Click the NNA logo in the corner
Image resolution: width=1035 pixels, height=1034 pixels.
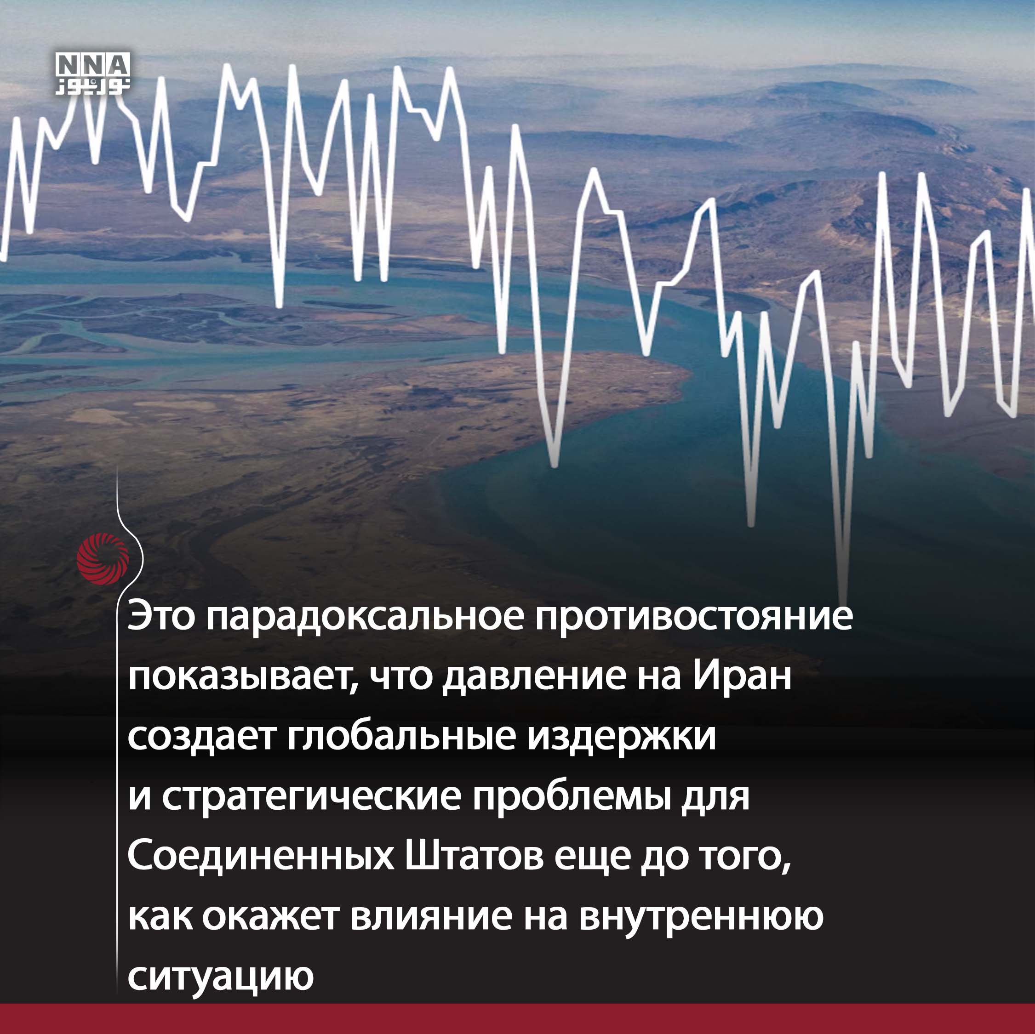(x=93, y=74)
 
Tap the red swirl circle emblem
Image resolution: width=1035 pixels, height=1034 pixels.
(x=103, y=558)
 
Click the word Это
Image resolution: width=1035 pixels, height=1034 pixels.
(x=161, y=617)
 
